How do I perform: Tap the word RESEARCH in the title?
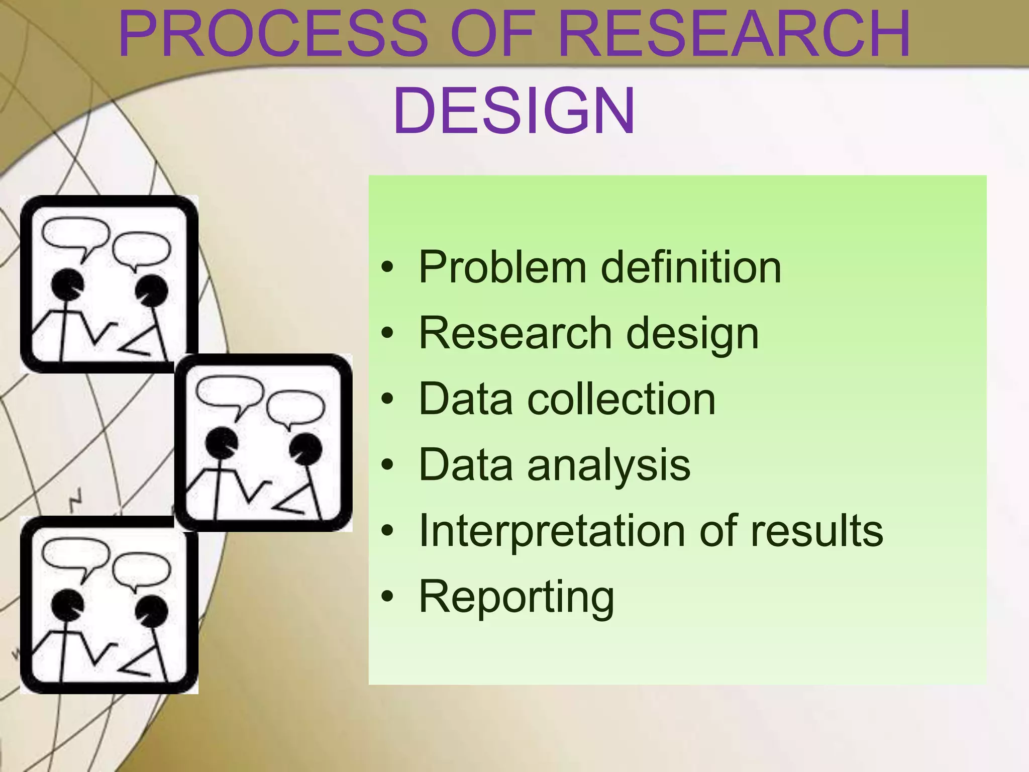point(734,34)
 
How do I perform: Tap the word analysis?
point(608,465)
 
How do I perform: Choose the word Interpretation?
point(550,531)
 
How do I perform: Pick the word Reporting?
point(517,598)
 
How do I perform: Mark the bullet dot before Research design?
point(387,333)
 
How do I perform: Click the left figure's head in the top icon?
point(67,284)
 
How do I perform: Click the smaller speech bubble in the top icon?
point(142,249)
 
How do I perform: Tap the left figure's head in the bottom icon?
point(67,605)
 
